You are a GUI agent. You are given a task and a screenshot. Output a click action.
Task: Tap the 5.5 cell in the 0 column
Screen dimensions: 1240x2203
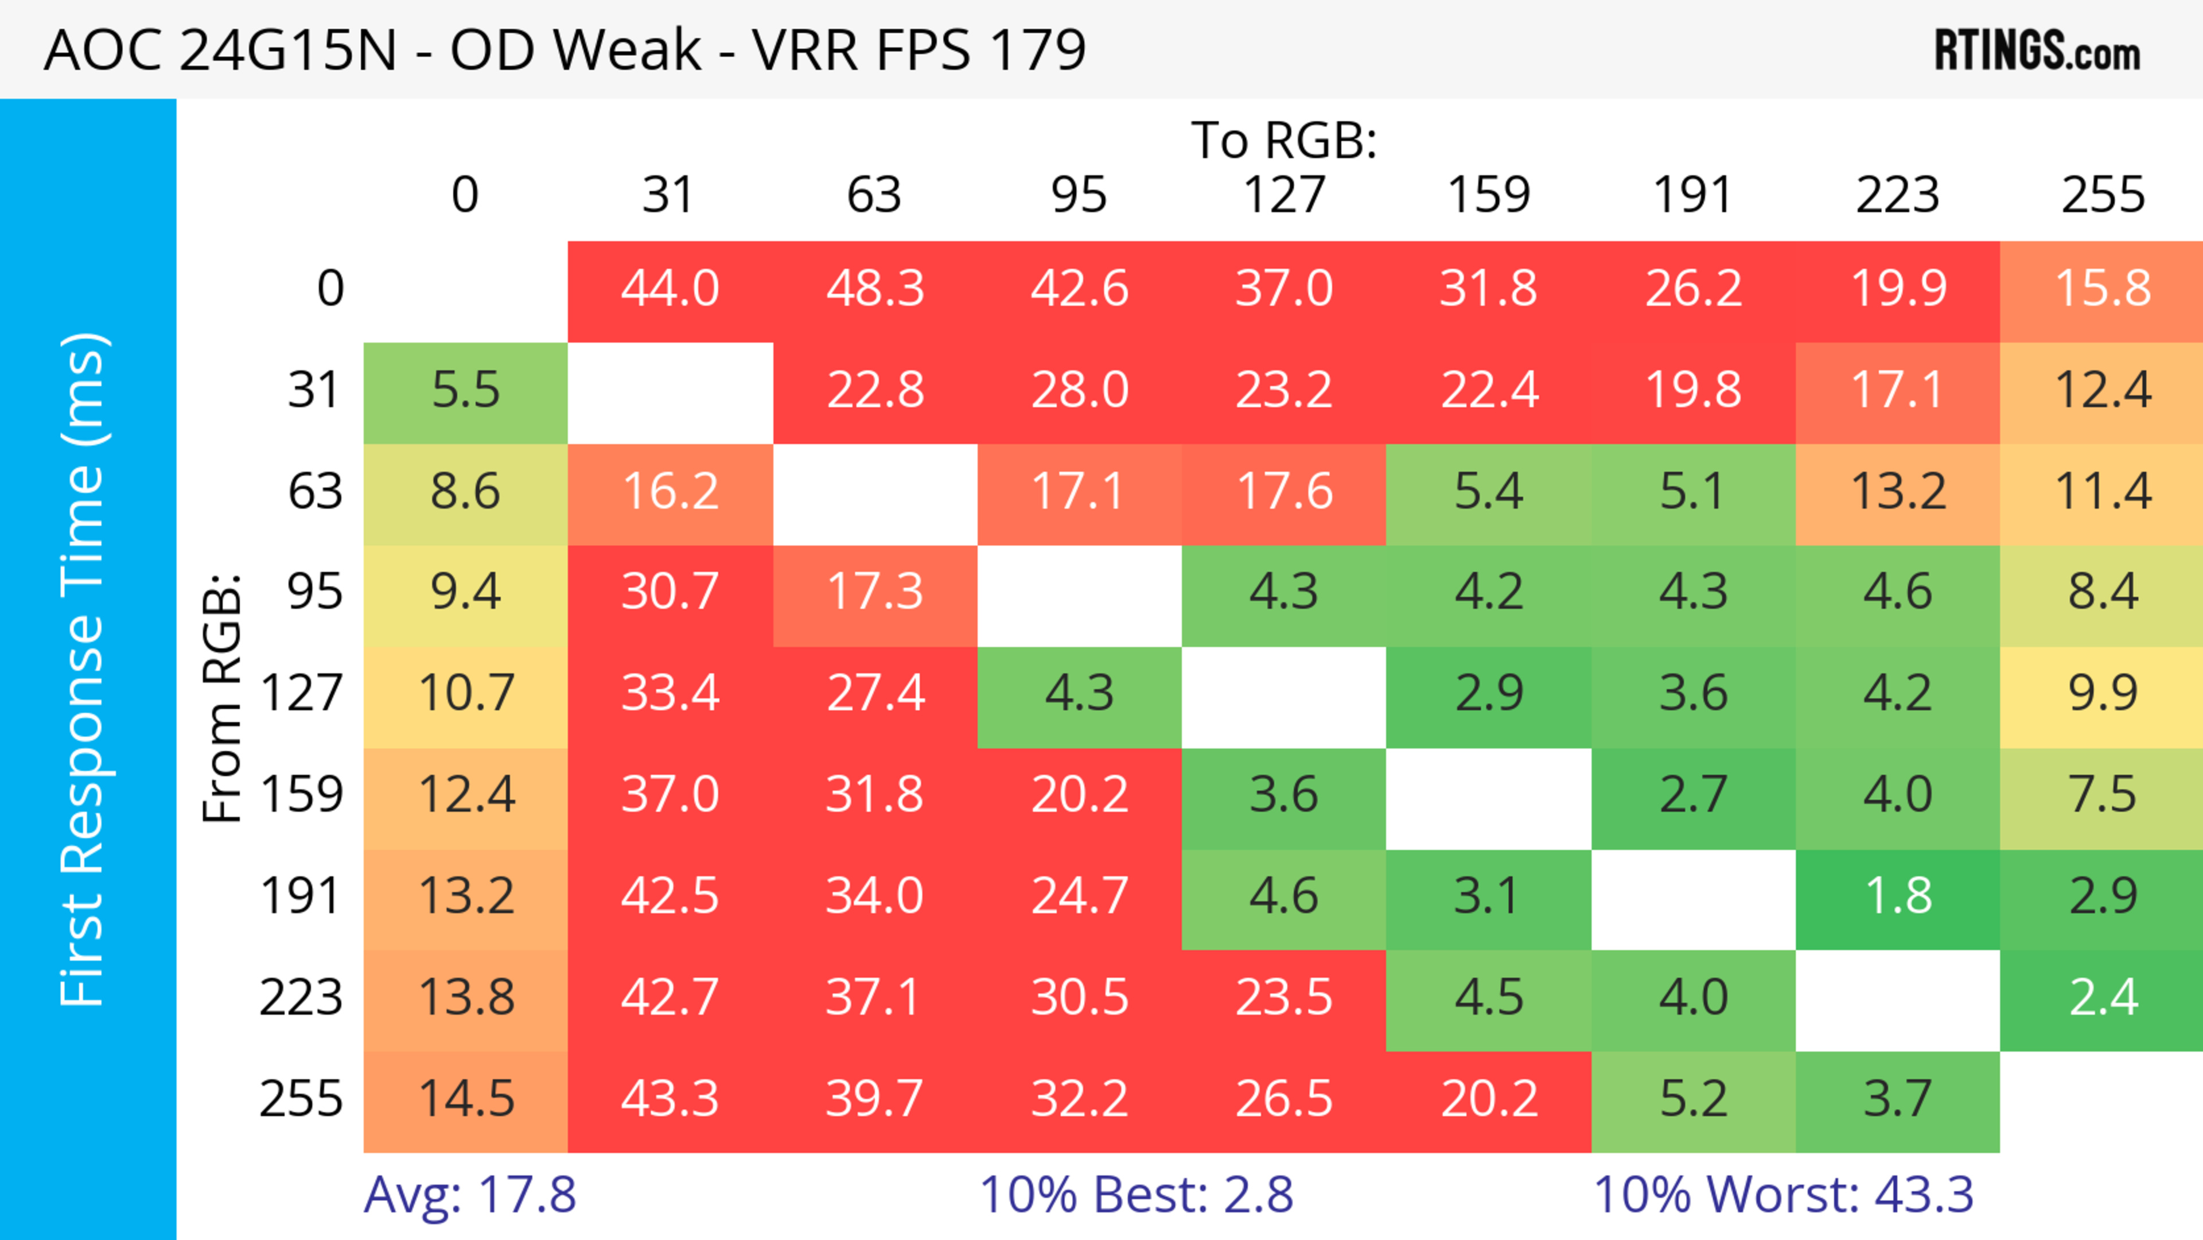pyautogui.click(x=465, y=391)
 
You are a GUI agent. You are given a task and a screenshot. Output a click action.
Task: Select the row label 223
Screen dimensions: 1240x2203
pyautogui.click(x=301, y=998)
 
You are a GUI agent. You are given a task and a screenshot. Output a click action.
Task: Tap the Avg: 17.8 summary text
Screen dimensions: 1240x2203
pyautogui.click(x=469, y=1195)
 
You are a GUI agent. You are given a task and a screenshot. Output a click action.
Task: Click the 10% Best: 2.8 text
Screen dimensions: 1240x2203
pyautogui.click(x=1136, y=1195)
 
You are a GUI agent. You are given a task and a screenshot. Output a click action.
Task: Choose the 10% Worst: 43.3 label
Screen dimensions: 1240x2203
pyautogui.click(x=1783, y=1195)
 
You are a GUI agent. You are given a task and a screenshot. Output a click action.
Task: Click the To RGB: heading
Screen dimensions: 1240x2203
pyautogui.click(x=1284, y=140)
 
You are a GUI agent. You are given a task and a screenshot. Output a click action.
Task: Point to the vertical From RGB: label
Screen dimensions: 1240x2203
pyautogui.click(x=223, y=698)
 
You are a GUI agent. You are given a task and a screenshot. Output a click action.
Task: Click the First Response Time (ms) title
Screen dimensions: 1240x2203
pyautogui.click(x=84, y=668)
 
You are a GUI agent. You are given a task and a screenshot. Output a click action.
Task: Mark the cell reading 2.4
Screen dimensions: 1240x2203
pyautogui.click(x=2102, y=998)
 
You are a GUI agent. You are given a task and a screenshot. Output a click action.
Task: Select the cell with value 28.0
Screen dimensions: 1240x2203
pyautogui.click(x=1079, y=391)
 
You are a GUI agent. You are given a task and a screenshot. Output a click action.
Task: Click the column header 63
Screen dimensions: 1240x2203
pyautogui.click(x=874, y=195)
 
